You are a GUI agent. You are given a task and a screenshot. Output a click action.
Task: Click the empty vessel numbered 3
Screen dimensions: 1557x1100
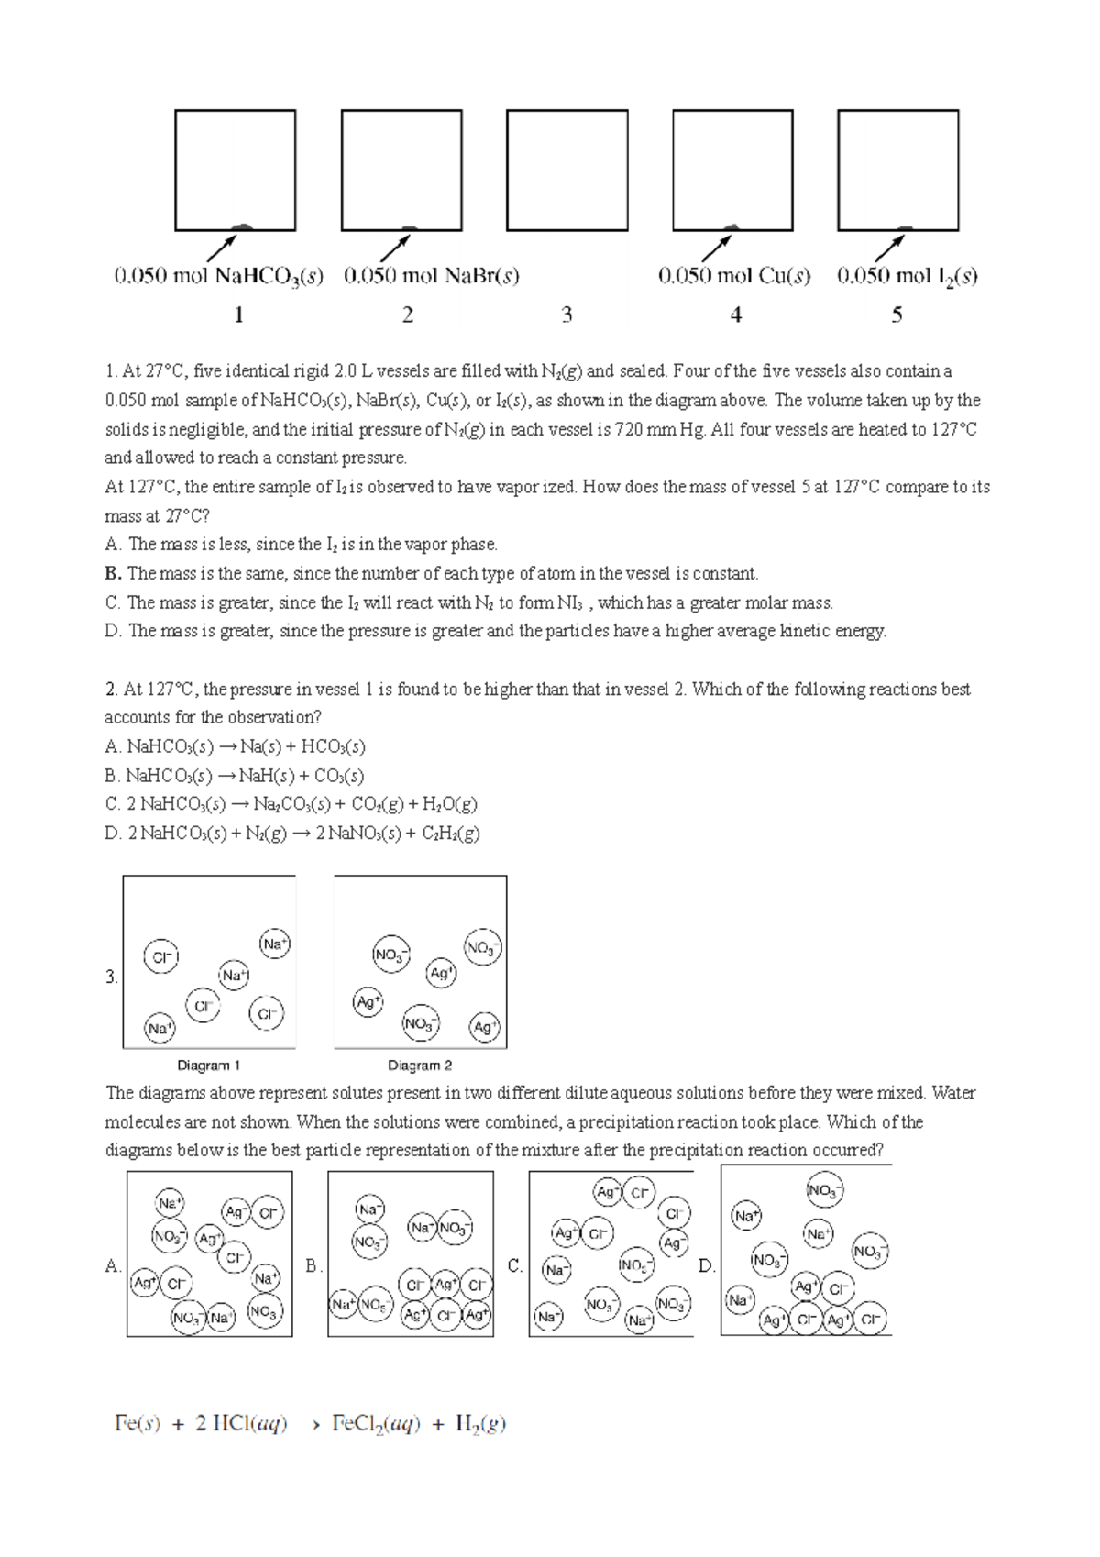(566, 170)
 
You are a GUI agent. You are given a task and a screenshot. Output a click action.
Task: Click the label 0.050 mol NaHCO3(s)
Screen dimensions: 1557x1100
(218, 276)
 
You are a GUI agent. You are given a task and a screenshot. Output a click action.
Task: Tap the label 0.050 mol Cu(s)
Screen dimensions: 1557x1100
(734, 276)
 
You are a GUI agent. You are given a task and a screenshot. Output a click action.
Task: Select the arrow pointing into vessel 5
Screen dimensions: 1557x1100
(890, 247)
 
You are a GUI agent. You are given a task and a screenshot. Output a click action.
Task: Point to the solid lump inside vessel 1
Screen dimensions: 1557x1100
(242, 226)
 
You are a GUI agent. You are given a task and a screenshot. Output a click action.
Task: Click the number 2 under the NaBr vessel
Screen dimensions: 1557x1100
(408, 315)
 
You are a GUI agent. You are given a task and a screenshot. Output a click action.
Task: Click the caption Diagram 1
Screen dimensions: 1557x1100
(208, 1066)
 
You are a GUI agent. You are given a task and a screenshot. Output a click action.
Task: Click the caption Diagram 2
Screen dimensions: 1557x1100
(420, 1066)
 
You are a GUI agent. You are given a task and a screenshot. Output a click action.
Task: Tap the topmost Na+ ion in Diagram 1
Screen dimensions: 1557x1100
(275, 943)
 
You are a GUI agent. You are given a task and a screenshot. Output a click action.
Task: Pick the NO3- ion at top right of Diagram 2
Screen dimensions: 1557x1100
(482, 948)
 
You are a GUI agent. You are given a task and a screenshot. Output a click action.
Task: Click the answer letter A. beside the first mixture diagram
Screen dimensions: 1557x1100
(113, 1266)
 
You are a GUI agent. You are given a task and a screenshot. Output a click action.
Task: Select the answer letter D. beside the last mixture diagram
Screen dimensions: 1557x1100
(706, 1266)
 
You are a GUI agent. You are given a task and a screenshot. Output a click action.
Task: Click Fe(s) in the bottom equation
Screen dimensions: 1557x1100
(137, 1424)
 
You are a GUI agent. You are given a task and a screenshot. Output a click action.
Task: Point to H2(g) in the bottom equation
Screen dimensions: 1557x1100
(480, 1424)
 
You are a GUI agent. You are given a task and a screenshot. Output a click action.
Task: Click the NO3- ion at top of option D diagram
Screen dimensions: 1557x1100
(824, 1190)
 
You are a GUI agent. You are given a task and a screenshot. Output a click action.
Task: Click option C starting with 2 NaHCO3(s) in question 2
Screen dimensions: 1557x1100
(291, 804)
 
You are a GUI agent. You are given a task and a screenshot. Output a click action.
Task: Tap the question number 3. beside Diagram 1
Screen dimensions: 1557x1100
(111, 977)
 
